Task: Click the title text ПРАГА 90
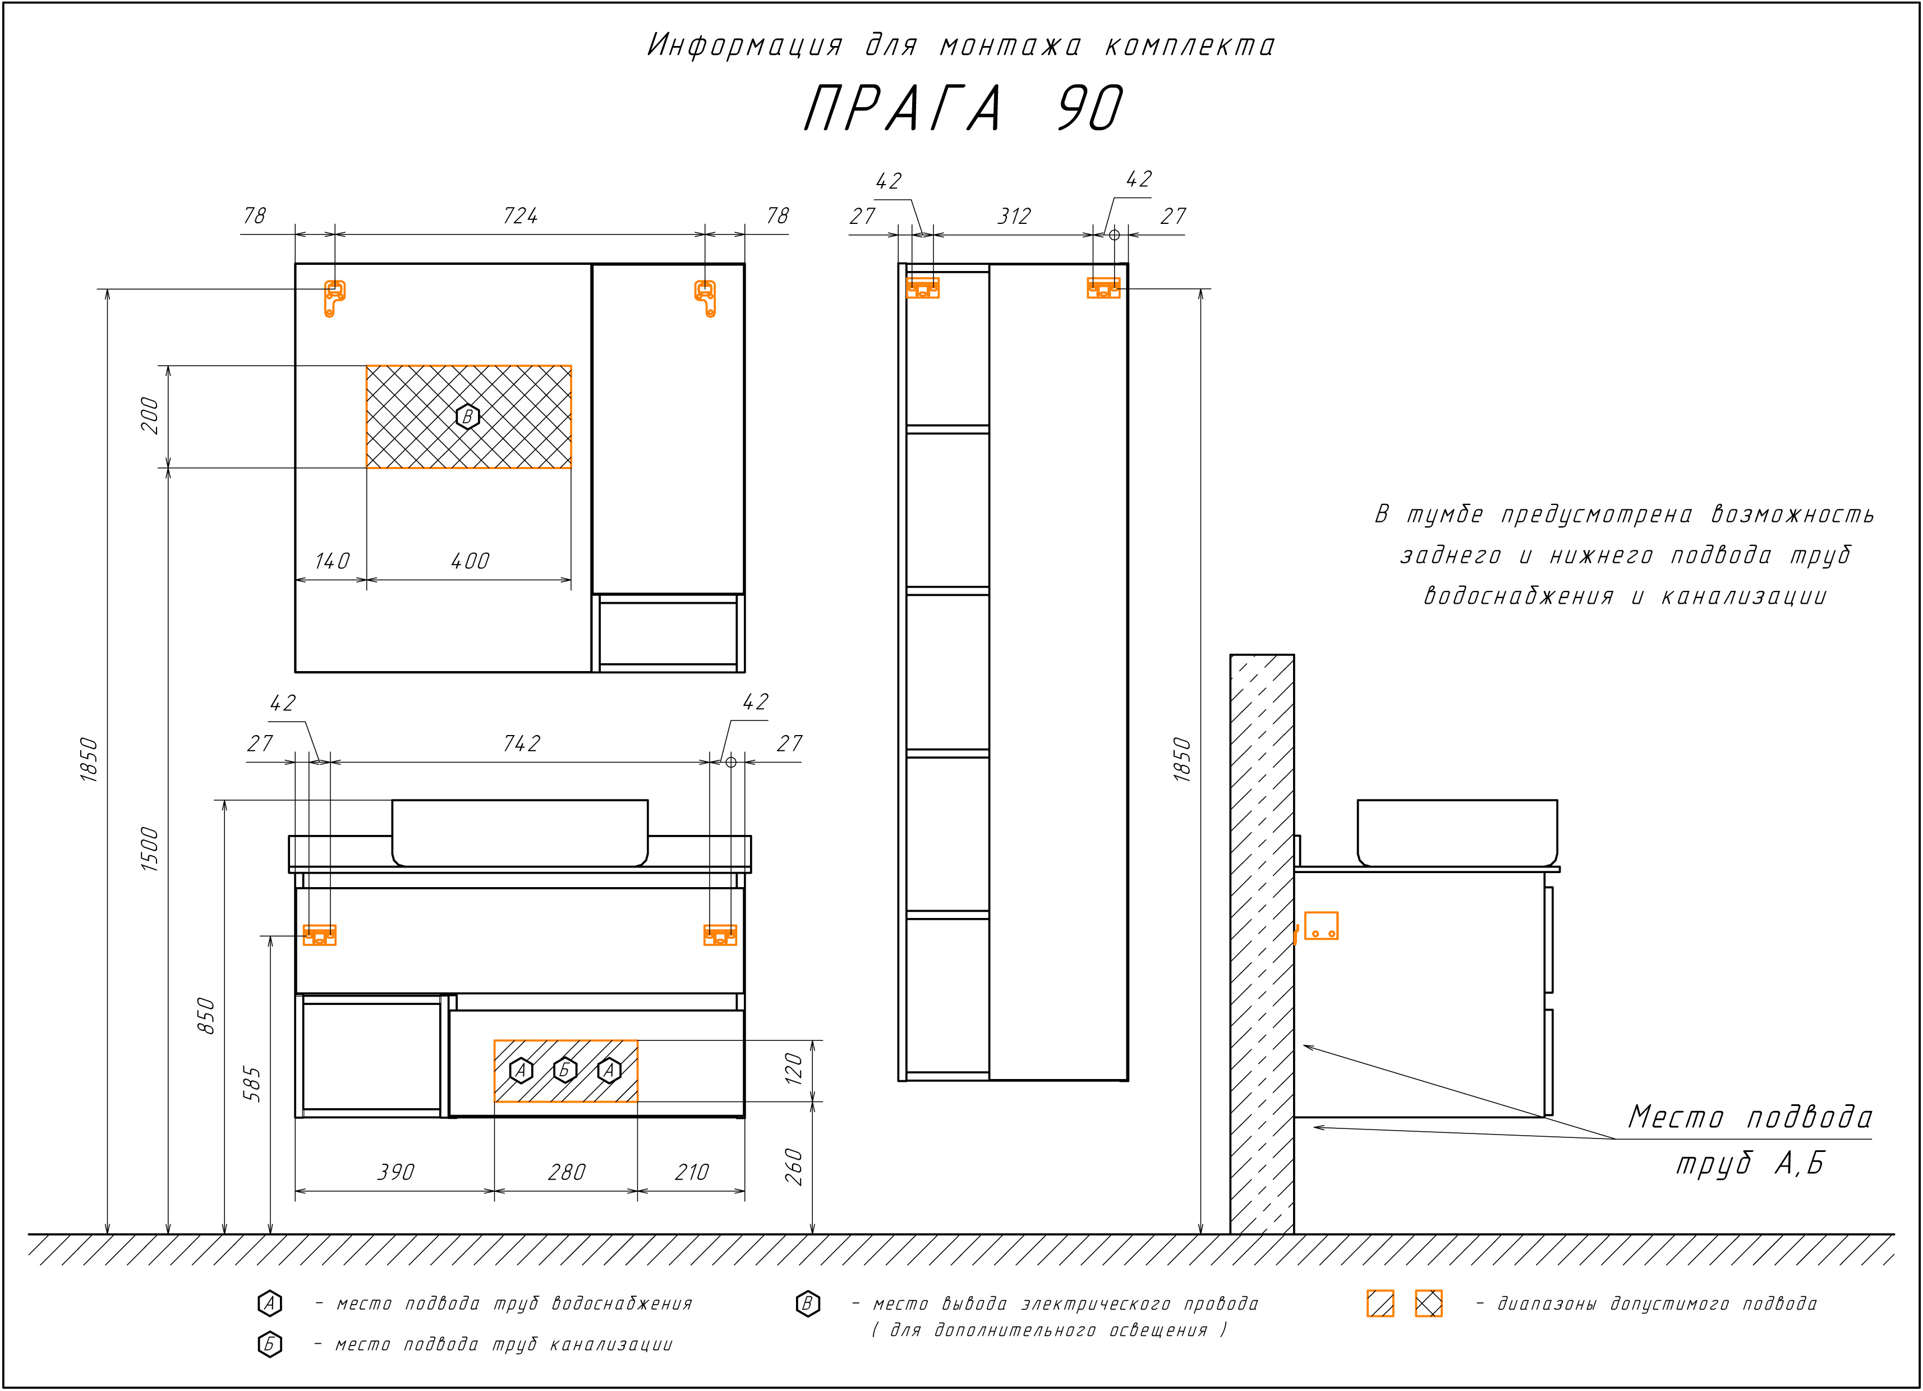963,108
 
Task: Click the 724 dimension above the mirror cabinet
520,216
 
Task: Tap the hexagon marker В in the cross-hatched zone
467,416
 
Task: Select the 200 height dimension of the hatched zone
149,416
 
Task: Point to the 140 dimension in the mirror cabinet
332,562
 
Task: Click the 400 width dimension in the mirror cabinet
470,562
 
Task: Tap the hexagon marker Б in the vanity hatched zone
565,1071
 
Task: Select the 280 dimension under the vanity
567,1172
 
